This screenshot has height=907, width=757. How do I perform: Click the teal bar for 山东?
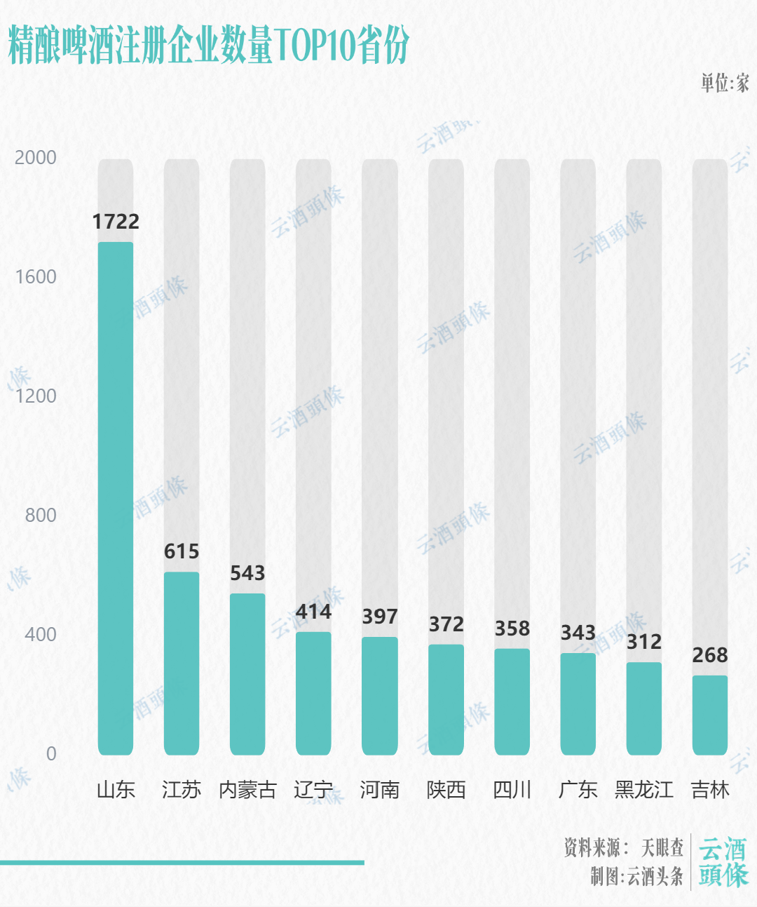[116, 498]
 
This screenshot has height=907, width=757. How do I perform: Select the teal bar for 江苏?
[182, 663]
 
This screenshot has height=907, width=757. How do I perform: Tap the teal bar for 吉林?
[710, 715]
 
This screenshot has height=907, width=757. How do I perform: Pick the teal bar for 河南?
[380, 695]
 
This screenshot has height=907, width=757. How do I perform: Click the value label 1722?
[116, 222]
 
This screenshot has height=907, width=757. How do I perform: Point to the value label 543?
[247, 573]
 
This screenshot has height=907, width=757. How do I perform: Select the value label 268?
[710, 655]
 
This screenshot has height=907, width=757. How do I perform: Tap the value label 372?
[446, 624]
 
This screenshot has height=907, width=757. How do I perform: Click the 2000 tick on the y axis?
[36, 157]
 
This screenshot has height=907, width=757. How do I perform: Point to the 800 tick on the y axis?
[41, 515]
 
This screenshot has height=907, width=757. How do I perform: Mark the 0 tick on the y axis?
[51, 753]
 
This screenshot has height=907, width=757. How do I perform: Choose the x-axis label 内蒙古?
[247, 790]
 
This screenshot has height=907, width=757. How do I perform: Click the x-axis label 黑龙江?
[644, 790]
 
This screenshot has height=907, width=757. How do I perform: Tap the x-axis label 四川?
[512, 790]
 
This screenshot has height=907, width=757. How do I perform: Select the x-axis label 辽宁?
[313, 790]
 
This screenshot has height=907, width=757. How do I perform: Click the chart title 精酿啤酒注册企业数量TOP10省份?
[208, 46]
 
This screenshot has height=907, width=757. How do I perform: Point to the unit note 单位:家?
[725, 83]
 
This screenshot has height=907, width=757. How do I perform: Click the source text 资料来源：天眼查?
[623, 847]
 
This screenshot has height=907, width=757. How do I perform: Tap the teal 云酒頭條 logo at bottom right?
[723, 862]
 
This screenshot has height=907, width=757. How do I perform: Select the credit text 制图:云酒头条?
[636, 875]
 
